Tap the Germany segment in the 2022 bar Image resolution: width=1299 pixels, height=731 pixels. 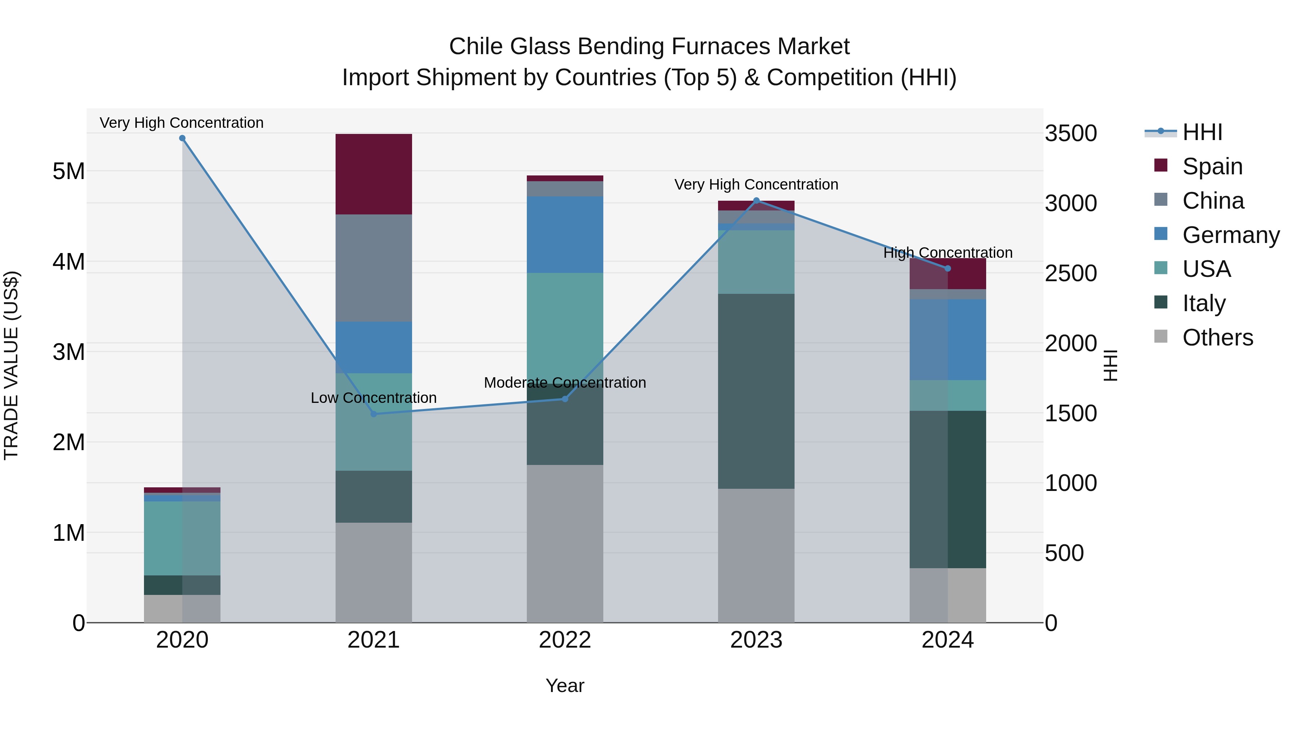pos(565,235)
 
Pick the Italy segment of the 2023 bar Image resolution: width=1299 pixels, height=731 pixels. pos(756,391)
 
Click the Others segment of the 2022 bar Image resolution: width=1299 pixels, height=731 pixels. pos(565,543)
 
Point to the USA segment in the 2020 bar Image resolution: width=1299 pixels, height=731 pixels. pos(182,538)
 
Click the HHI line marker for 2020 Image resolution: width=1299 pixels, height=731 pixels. pos(182,138)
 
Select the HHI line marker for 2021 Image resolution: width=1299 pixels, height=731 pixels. pos(374,414)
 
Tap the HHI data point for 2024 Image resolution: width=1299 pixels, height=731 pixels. pos(948,268)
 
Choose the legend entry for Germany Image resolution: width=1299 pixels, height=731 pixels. pos(1230,235)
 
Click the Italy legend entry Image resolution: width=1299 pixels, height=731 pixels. pos(1204,303)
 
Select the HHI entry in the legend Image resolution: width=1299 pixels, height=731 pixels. pos(1202,132)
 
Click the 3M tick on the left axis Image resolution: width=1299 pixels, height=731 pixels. pos(69,352)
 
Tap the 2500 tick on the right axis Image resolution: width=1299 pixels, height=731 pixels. pos(1071,273)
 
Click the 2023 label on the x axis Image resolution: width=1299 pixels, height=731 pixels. pos(756,640)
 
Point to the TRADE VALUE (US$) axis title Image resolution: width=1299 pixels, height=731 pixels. pos(11,365)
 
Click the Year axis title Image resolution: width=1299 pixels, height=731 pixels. pos(565,686)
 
